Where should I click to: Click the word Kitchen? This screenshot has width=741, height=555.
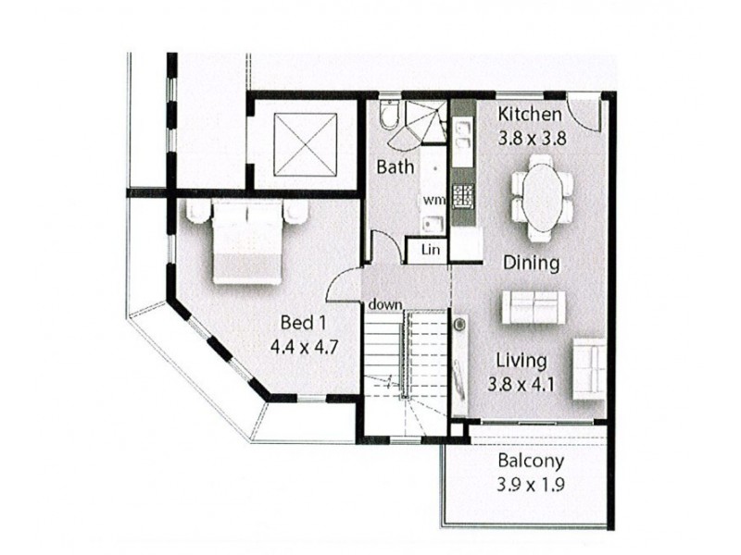530,115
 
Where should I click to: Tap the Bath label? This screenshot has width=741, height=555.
394,167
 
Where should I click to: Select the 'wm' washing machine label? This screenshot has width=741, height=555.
433,198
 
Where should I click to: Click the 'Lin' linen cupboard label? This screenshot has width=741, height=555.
430,250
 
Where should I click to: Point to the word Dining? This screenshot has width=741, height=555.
531,263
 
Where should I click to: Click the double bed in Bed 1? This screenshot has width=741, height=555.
246,242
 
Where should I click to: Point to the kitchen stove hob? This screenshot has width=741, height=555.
460,196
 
